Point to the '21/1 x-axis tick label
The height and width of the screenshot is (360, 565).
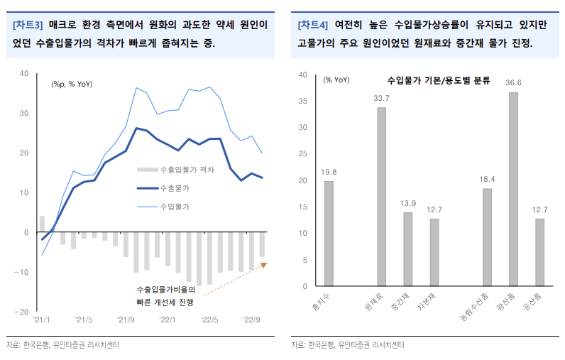(43, 320)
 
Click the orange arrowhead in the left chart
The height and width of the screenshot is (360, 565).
(263, 265)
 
